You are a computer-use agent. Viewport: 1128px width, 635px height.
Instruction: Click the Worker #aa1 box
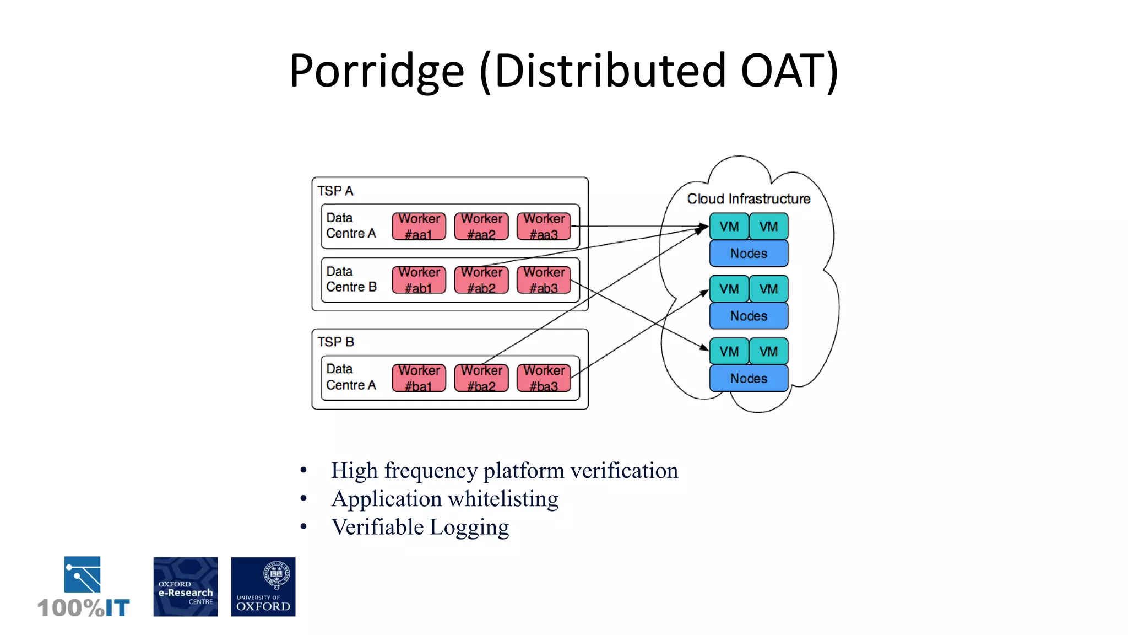point(419,227)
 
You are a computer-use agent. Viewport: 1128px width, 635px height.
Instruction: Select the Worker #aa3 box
point(544,227)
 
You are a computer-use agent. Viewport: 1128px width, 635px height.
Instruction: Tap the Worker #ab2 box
point(481,280)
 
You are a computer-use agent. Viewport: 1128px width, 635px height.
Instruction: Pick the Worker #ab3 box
point(544,280)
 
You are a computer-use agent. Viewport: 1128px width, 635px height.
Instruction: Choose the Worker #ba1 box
point(419,378)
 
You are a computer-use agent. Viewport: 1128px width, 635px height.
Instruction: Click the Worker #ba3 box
point(544,378)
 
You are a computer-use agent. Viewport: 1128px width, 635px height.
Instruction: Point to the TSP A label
point(335,191)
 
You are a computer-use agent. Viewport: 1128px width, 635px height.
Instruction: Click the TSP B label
point(335,342)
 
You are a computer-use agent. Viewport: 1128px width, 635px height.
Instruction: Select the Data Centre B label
point(351,279)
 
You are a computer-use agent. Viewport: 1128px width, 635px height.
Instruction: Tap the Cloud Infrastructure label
point(748,198)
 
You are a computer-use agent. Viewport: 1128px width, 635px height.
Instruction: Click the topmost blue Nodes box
point(749,254)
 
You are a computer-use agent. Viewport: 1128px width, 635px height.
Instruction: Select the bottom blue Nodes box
point(749,379)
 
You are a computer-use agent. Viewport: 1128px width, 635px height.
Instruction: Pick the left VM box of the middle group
point(729,289)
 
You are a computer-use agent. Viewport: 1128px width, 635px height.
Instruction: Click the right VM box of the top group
point(768,227)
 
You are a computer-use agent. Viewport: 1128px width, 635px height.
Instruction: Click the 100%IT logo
point(83,588)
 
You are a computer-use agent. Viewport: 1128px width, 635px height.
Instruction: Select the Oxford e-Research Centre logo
point(186,586)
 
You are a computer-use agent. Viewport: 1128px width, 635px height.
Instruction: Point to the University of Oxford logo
point(263,586)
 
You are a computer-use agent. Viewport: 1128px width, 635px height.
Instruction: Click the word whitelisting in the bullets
point(503,499)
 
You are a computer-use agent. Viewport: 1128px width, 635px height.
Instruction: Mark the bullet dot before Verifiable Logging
point(303,527)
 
